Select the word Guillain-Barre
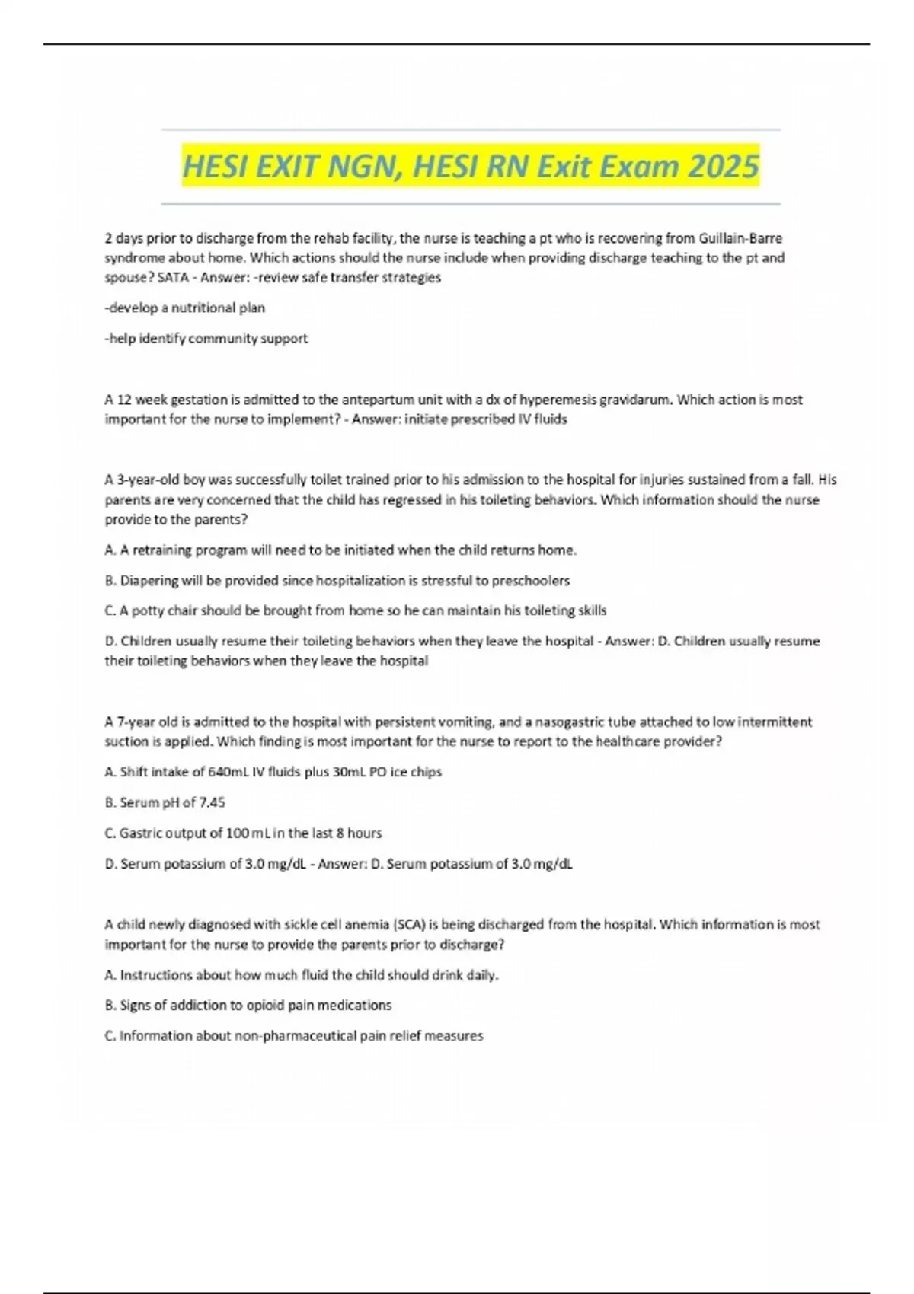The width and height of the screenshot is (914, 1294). tap(740, 238)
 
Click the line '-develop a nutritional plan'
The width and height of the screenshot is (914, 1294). tap(185, 308)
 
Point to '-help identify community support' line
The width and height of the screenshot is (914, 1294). tap(206, 338)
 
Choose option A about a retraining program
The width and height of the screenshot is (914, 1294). tap(340, 550)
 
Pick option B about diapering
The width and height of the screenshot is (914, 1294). tap(337, 580)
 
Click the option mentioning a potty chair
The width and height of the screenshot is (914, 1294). tap(355, 610)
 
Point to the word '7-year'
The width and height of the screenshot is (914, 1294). tap(130, 722)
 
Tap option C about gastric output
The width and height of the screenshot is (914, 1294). tap(243, 833)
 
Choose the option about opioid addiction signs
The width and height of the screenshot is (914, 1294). tap(248, 1005)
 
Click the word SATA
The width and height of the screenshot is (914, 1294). tap(173, 278)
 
